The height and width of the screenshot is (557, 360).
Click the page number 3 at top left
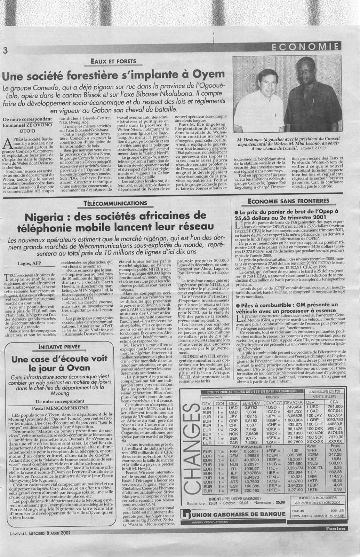tap(5, 50)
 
